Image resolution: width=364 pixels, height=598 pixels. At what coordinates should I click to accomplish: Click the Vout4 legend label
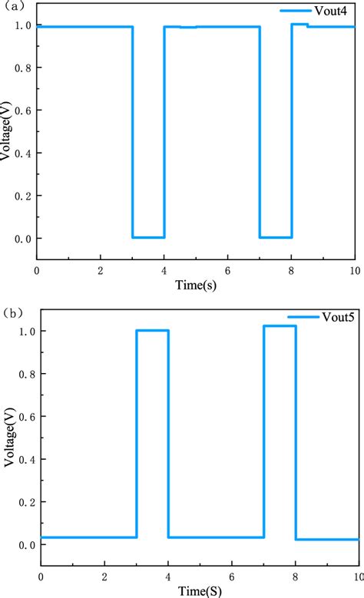[328, 11]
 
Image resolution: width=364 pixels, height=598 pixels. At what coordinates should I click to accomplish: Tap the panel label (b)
[13, 313]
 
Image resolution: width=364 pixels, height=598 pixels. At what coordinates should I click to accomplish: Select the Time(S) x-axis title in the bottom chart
[198, 591]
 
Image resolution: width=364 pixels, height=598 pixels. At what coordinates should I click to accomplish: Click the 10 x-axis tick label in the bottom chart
[356, 577]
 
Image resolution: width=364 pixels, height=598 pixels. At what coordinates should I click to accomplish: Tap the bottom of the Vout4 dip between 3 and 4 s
[148, 237]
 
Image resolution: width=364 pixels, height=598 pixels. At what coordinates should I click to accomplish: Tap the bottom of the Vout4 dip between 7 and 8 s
[276, 237]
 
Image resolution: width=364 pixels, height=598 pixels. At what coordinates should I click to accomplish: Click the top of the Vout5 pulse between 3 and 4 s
[152, 331]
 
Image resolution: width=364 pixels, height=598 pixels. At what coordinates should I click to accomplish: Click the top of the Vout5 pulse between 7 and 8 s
[280, 326]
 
